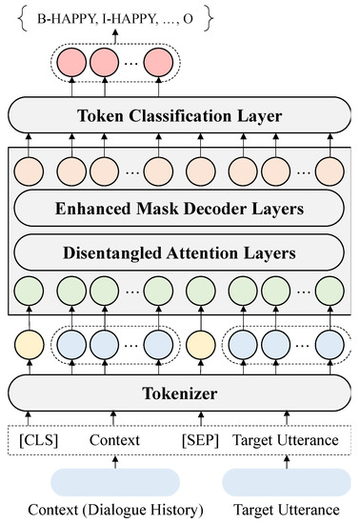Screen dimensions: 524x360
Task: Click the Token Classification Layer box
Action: [x=179, y=117]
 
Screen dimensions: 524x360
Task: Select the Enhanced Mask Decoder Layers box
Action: [x=179, y=208]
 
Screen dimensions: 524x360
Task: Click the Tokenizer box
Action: [x=179, y=391]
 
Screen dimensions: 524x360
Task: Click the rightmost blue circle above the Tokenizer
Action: [x=329, y=341]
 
